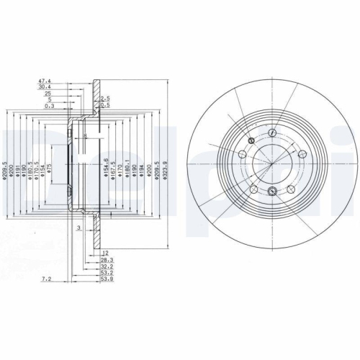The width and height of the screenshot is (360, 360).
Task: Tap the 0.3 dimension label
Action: pos(48,106)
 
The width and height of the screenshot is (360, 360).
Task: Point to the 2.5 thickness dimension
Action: pos(105,98)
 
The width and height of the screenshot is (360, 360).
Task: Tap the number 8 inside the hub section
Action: pos(84,135)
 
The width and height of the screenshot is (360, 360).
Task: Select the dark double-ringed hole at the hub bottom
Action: pos(272,191)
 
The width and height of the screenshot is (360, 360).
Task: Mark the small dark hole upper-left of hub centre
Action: pos(250,140)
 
